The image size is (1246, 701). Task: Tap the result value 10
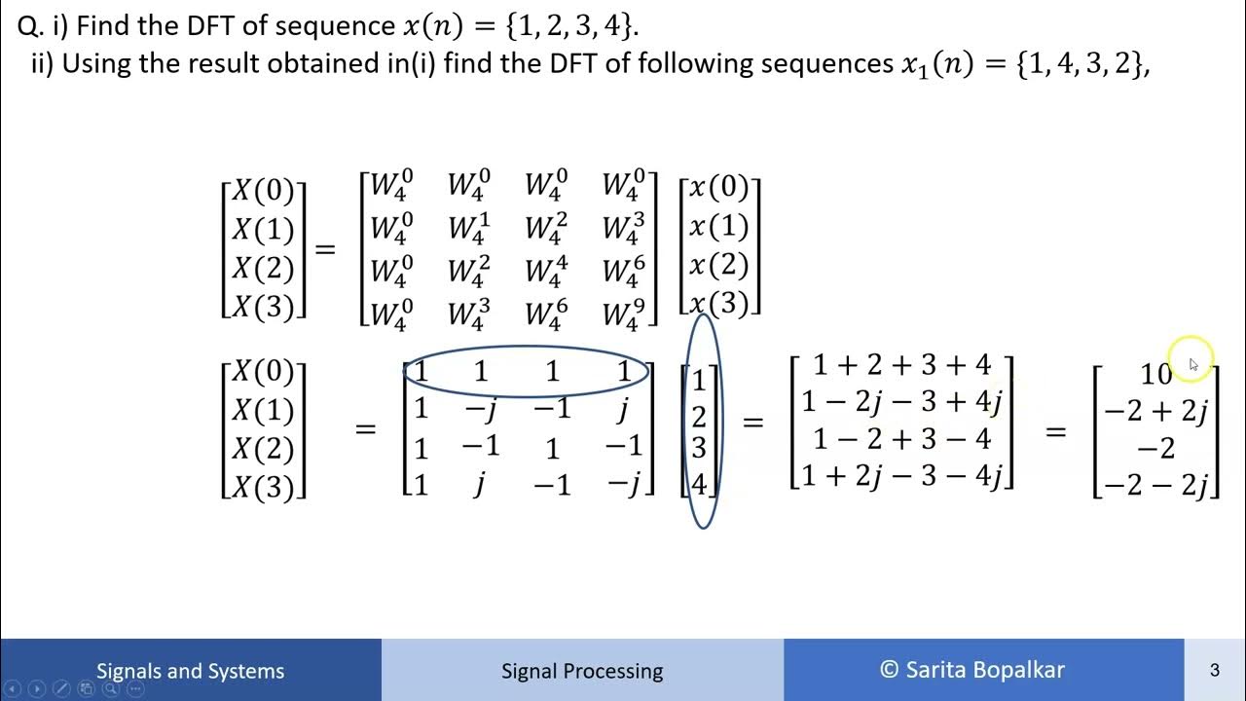pyautogui.click(x=1156, y=374)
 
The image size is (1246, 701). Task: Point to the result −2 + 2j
pyautogui.click(x=1155, y=412)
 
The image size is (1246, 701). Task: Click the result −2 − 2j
pyautogui.click(x=1155, y=485)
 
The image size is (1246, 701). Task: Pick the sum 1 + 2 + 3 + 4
pyautogui.click(x=901, y=365)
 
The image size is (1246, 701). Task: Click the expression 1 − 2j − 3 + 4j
pyautogui.click(x=901, y=401)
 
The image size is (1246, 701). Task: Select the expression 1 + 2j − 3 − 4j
pyautogui.click(x=901, y=476)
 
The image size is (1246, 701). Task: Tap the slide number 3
pyautogui.click(x=1214, y=670)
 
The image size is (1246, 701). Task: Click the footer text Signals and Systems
pyautogui.click(x=190, y=671)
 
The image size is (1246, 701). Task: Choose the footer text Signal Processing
pyautogui.click(x=582, y=671)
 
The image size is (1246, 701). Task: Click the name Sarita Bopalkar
pyautogui.click(x=985, y=670)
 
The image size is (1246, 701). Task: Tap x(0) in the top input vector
pyautogui.click(x=719, y=188)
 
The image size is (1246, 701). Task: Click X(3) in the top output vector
pyautogui.click(x=264, y=307)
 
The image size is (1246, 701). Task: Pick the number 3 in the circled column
pyautogui.click(x=699, y=448)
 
